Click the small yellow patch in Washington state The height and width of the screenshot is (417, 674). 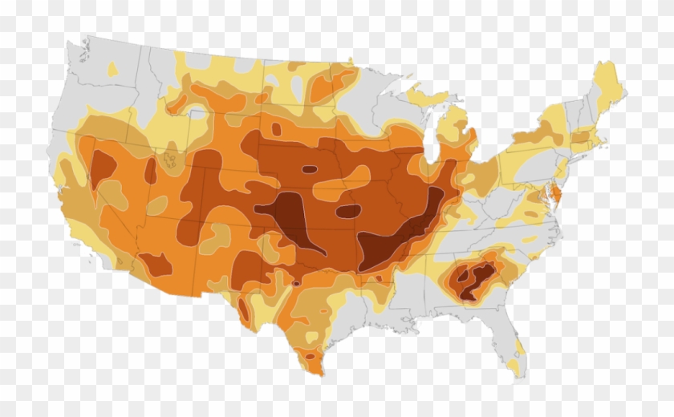point(112,70)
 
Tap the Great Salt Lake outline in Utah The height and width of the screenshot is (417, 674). point(169,160)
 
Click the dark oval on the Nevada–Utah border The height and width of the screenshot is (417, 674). point(150,170)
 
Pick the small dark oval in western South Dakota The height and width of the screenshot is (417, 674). point(277,129)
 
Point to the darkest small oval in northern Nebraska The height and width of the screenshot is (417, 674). point(309,169)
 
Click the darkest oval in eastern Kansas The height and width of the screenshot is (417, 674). point(348,212)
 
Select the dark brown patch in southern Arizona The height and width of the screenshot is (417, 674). point(155,262)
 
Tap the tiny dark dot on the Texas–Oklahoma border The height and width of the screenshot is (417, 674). point(296,283)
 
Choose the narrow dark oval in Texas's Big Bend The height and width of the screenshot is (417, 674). point(242,309)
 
